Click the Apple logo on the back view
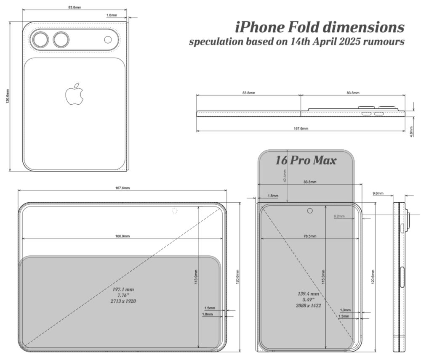coord(75,94)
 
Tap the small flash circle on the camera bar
coord(108,40)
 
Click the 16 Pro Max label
coord(306,160)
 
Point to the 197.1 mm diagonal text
coord(123,289)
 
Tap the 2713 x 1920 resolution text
coord(123,301)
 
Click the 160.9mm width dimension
coord(123,236)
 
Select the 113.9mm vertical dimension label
coord(196,277)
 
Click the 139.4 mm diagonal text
coord(308,294)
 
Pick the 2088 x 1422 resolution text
coord(308,306)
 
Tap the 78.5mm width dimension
coord(310,236)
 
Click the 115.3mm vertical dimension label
coord(323,277)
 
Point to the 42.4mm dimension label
coord(285,176)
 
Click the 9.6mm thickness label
coord(378,193)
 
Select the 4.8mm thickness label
coord(411,132)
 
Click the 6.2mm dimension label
coord(339,216)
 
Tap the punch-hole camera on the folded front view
coord(310,211)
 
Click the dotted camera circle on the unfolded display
coord(175,211)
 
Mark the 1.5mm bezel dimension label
coord(210,308)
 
